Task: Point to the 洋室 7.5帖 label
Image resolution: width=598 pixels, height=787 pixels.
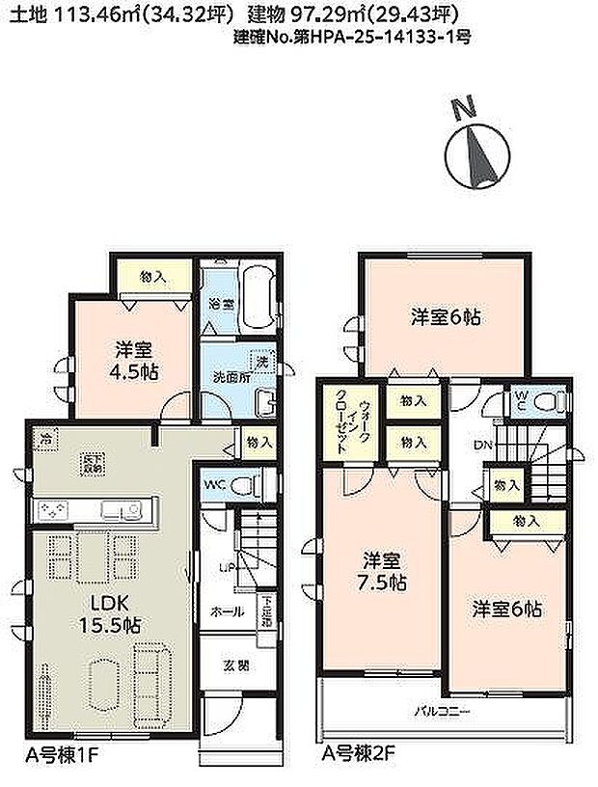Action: [x=384, y=571]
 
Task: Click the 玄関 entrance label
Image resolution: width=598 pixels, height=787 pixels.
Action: [x=236, y=665]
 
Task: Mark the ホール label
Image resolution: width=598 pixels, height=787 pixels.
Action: [x=228, y=611]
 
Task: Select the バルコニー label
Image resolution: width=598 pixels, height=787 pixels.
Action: [x=443, y=713]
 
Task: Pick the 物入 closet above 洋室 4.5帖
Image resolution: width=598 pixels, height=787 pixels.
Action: [x=154, y=277]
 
